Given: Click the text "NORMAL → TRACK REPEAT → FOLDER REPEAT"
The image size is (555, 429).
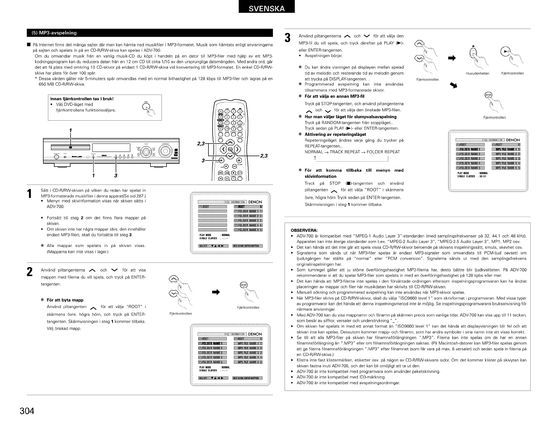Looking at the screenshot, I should (x=352, y=152).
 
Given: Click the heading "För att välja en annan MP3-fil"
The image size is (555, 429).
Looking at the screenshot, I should (x=334, y=96).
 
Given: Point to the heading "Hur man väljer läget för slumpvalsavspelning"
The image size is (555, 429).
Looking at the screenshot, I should (x=350, y=117).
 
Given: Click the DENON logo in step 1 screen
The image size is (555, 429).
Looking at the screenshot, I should (x=255, y=202).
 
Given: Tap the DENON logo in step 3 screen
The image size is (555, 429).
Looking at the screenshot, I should (x=513, y=140).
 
